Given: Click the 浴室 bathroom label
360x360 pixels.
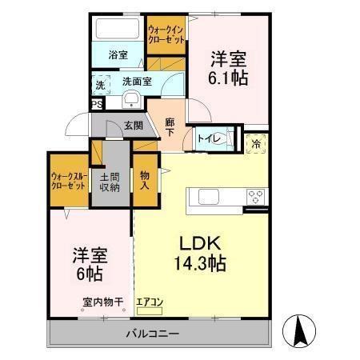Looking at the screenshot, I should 118,55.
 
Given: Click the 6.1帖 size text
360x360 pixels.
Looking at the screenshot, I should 227,78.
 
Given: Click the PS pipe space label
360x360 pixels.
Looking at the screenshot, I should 97,104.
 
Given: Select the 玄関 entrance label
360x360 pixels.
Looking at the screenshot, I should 134,125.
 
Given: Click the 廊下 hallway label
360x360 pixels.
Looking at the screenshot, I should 170,127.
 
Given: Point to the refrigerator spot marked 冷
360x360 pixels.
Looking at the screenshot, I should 256,145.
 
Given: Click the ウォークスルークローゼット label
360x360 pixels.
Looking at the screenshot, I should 68,180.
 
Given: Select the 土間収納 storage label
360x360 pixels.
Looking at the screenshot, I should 110,182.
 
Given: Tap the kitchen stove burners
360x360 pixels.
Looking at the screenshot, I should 256,195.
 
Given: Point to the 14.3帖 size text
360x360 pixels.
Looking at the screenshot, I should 201,264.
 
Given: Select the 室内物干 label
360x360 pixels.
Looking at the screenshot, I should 103,302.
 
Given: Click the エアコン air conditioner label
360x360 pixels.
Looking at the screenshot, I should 150,302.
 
